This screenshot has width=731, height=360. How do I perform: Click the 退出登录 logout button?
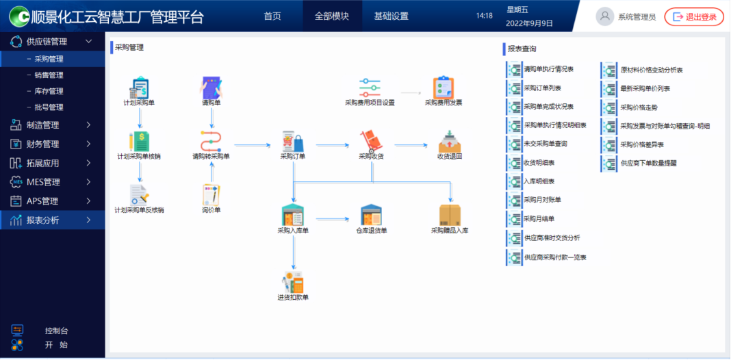point(694,17)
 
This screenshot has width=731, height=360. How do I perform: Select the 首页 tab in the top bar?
point(272,16)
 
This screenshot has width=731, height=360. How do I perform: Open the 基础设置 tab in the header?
point(391,16)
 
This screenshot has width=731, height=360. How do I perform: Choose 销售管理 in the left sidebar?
point(49,75)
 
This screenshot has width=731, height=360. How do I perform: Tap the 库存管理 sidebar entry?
point(49,91)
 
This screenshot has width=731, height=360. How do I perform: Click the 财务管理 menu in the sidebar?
point(42,144)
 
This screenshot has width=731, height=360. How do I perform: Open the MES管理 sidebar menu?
point(42,182)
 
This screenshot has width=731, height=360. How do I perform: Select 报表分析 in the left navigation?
point(42,220)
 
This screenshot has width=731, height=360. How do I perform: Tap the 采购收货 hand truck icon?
point(372,141)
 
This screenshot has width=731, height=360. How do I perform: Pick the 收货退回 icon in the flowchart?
point(450,141)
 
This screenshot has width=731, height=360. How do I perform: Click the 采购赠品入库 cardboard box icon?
point(450,215)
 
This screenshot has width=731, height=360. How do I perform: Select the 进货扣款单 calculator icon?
point(293,282)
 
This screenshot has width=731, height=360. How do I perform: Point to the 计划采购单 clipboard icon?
point(139,88)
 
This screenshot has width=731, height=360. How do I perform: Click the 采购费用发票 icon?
point(444,88)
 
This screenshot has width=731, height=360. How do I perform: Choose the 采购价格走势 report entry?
point(639,107)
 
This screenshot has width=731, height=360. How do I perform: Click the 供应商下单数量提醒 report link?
point(648,164)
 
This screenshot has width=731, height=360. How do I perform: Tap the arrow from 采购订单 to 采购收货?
point(333,145)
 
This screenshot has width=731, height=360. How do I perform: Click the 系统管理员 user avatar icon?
point(604,17)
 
